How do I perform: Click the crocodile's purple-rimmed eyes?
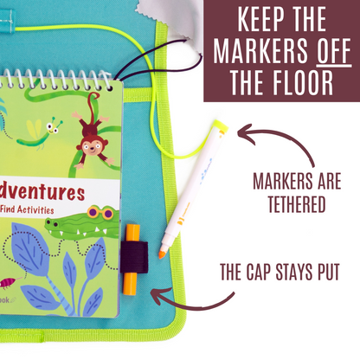pos(100,214)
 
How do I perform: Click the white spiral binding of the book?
pos(61,80)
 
